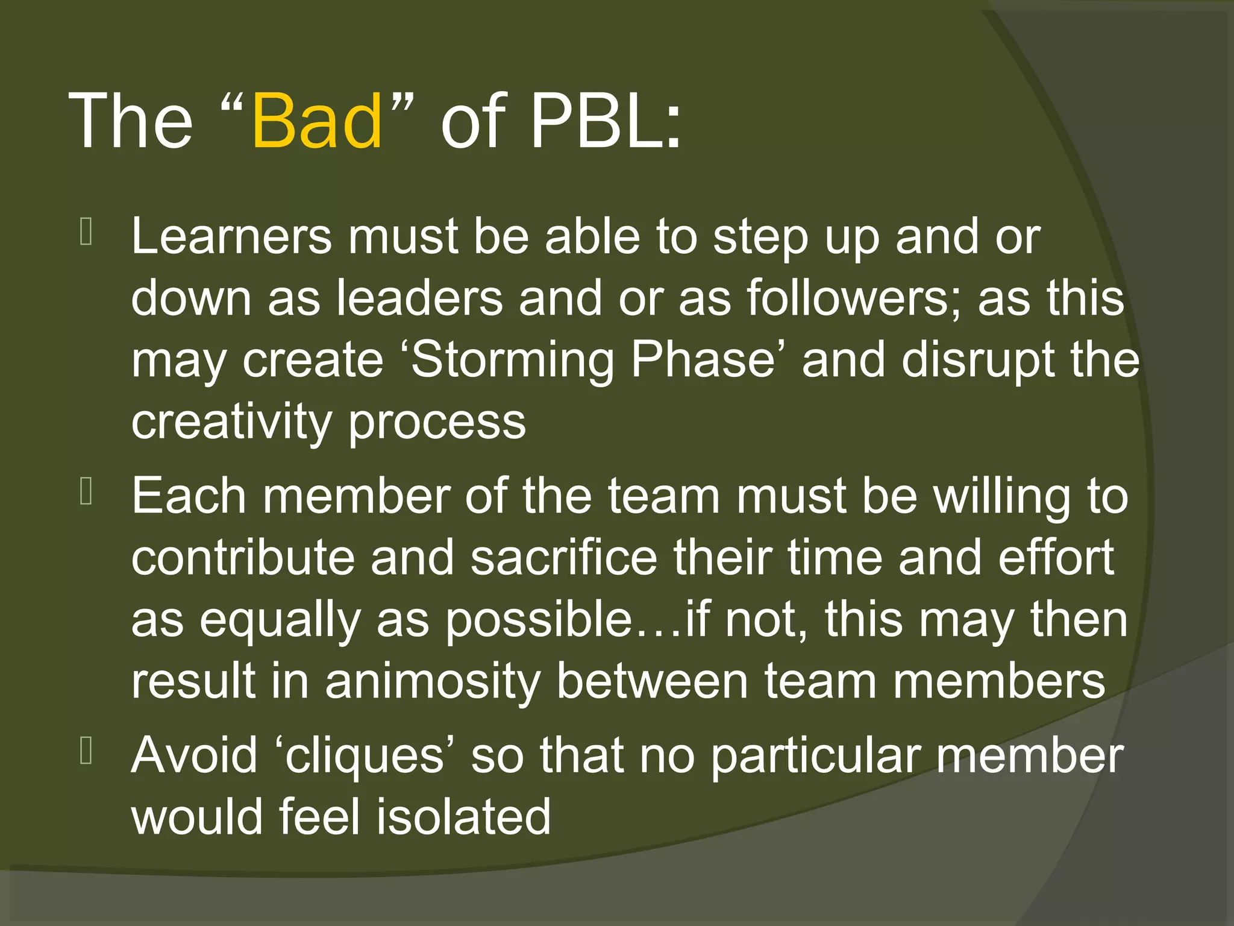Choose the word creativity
tap(231, 422)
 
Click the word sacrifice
tap(564, 558)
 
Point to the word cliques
tap(365, 756)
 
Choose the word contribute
tap(243, 558)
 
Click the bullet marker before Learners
tap(86, 233)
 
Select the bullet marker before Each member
tap(86, 492)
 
